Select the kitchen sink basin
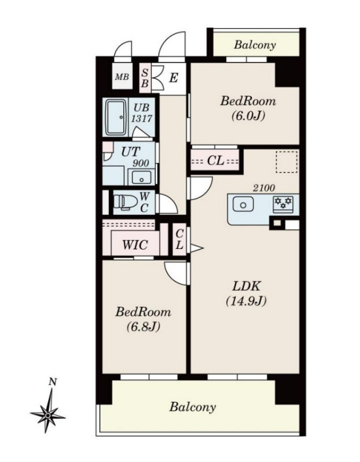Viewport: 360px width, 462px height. (x=243, y=205)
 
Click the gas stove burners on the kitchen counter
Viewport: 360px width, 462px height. (x=283, y=203)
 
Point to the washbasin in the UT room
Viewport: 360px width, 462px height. (x=142, y=178)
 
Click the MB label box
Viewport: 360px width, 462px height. (x=122, y=77)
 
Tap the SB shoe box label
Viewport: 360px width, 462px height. (x=145, y=78)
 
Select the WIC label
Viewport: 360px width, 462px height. (x=135, y=244)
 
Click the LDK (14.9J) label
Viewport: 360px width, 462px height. (x=247, y=293)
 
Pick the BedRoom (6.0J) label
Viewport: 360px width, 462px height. (x=248, y=108)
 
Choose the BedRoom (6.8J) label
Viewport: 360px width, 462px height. (x=143, y=319)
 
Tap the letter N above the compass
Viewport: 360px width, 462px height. (x=53, y=382)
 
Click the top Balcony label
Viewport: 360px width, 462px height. (x=255, y=45)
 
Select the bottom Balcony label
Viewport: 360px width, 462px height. (x=192, y=407)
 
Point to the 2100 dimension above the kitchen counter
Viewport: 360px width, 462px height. (x=264, y=188)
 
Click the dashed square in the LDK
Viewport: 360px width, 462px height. (x=286, y=161)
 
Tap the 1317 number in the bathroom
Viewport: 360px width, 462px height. (x=142, y=118)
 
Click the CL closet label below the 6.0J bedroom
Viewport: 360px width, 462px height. (x=215, y=160)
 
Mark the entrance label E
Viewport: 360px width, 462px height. (x=173, y=78)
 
